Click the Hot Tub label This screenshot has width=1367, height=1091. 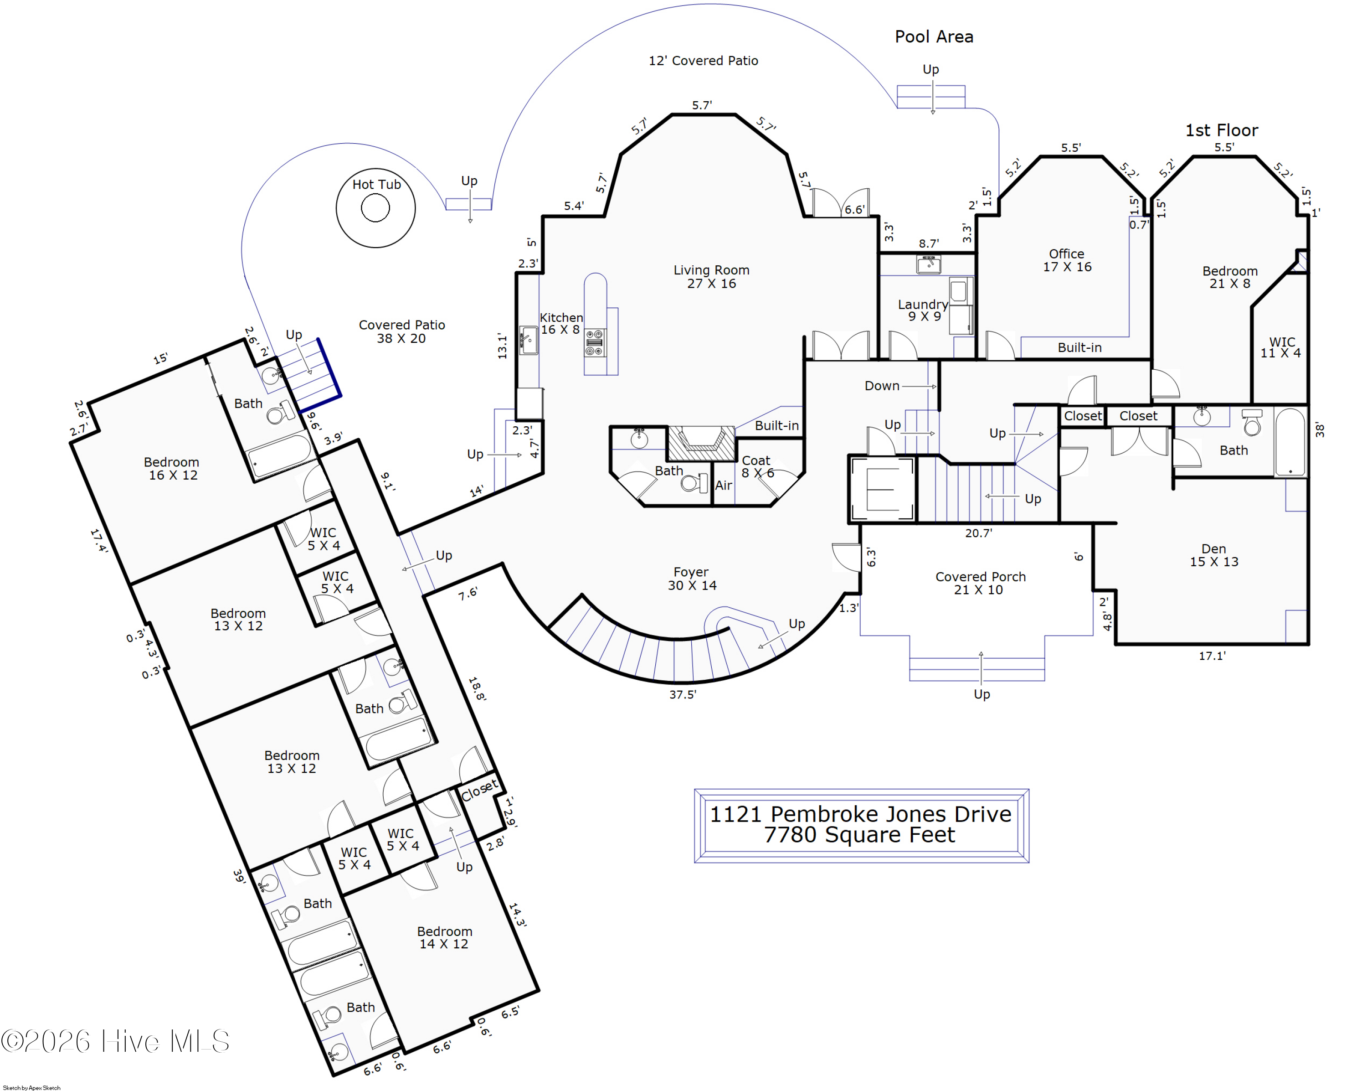coord(377,185)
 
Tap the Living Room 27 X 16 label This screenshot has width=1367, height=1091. coord(711,277)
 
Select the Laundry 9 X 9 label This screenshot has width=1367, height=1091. coord(923,310)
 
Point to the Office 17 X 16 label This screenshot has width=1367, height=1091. coord(1067,260)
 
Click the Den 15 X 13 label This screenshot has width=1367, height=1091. coord(1213,555)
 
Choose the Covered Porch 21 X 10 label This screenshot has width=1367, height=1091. coord(980,583)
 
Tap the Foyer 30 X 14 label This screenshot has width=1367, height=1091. coord(692,579)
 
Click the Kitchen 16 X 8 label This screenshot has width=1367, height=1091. coord(561,324)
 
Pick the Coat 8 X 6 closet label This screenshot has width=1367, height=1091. coord(757,466)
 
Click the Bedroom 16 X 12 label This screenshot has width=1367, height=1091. coord(172,468)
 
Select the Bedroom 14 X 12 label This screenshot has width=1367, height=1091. coord(444,937)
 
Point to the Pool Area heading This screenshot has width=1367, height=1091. coord(934,37)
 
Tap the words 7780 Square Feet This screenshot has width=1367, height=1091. coord(859,835)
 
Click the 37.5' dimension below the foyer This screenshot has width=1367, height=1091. coord(683,694)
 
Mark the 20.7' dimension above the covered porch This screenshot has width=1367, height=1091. coord(979,533)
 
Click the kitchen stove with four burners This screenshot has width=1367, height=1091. coord(594,343)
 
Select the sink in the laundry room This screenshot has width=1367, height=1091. coord(928,264)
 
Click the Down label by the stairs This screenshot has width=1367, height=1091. coord(882,386)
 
